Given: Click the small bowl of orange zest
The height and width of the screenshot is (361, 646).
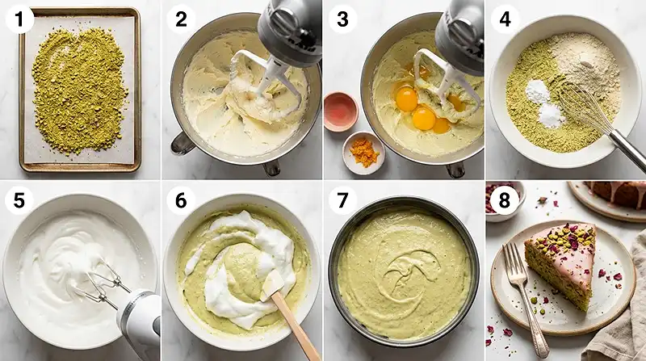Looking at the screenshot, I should [363, 152].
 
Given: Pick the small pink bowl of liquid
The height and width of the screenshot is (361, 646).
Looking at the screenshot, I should [340, 110].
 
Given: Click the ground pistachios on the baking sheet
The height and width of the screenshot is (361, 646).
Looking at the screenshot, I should [79, 89].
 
